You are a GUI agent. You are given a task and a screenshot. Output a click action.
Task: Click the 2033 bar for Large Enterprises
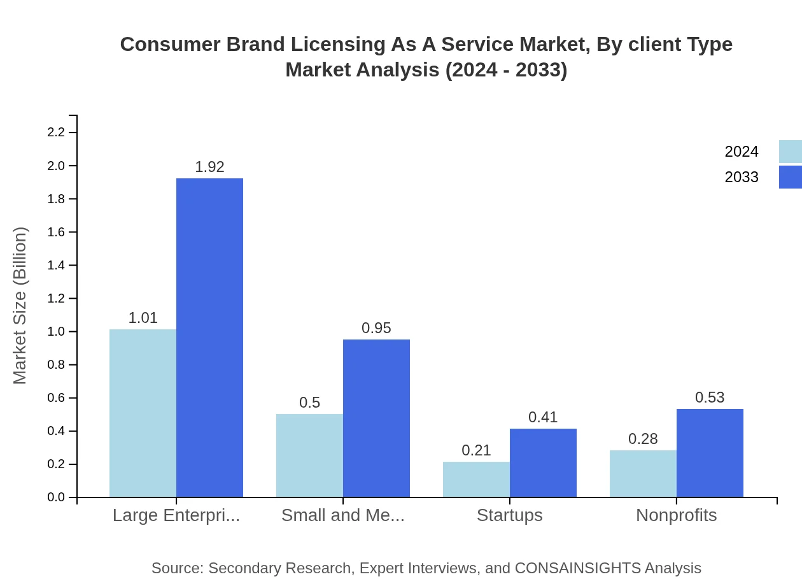click(x=209, y=338)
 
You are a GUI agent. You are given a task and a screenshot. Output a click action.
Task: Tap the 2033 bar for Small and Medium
click(x=376, y=418)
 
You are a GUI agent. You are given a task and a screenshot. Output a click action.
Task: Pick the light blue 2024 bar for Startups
click(x=476, y=479)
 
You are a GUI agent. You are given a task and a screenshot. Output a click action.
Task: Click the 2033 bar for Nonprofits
click(x=710, y=453)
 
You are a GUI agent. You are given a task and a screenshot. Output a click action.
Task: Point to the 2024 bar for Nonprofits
click(x=643, y=473)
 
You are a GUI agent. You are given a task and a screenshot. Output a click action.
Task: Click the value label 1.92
click(x=209, y=167)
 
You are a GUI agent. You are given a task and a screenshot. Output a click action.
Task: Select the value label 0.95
click(x=376, y=328)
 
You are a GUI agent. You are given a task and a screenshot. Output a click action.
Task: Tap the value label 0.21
click(x=476, y=450)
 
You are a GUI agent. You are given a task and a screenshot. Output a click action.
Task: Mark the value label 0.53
click(x=710, y=397)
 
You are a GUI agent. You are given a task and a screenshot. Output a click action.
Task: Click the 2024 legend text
click(x=742, y=152)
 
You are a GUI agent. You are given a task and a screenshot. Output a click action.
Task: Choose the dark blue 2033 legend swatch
click(x=790, y=177)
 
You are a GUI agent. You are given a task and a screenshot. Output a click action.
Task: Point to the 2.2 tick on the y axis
click(x=56, y=132)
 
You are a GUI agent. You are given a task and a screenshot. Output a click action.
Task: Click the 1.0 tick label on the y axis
click(x=56, y=332)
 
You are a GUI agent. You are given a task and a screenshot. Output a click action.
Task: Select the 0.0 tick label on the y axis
click(x=56, y=497)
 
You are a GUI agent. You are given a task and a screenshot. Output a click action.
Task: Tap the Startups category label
click(x=510, y=515)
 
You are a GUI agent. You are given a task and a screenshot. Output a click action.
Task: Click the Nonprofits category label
click(x=676, y=515)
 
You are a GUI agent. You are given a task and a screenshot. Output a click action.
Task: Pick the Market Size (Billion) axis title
click(x=20, y=306)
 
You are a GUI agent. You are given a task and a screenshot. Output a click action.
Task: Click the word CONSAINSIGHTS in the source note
click(x=578, y=568)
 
